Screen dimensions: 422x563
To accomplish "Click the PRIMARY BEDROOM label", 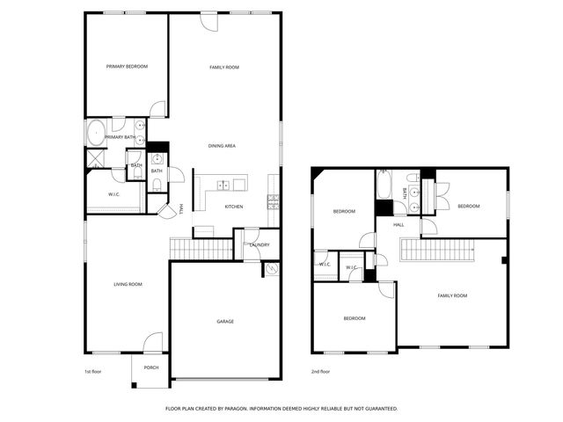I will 127,67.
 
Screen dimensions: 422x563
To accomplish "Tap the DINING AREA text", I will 222,146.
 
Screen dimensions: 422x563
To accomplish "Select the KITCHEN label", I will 233,207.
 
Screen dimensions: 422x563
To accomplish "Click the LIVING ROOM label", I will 128,284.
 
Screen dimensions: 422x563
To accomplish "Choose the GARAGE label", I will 225,322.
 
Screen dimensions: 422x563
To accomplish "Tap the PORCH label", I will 150,367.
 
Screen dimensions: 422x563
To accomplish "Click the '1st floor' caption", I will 93,372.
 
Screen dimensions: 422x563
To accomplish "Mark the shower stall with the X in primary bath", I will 94,159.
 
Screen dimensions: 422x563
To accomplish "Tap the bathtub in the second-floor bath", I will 384,186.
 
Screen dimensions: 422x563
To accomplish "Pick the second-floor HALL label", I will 398,225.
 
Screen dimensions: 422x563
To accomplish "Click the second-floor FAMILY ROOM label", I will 452,295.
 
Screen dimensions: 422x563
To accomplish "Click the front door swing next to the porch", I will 154,341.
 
